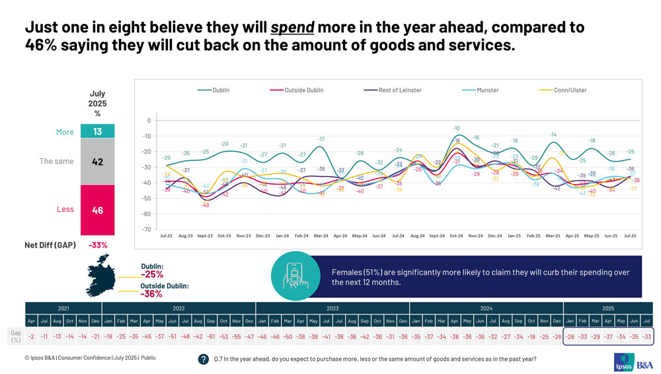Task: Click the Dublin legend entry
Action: pos(221,90)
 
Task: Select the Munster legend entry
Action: pos(488,90)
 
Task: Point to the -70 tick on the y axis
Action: pos(148,230)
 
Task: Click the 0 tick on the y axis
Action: pos(149,120)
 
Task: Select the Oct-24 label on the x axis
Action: pos(456,235)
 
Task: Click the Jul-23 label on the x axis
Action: pos(167,235)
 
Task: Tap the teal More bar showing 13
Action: pos(97,132)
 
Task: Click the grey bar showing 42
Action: pos(97,162)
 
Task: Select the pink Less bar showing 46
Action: pos(97,210)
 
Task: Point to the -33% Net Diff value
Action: pos(97,245)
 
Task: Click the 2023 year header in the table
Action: pos(332,308)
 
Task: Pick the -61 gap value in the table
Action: pos(210,336)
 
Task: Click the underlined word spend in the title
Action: pos(292,28)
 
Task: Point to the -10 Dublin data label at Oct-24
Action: pos(456,128)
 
